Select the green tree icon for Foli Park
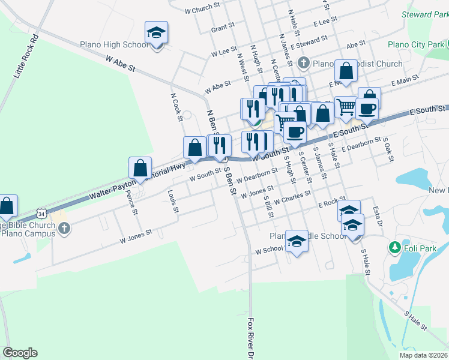pyautogui.click(x=394, y=247)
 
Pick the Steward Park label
pyautogui.click(x=426, y=14)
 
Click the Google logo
pyautogui.click(x=20, y=353)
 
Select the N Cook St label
pyautogui.click(x=176, y=106)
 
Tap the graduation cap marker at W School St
pyautogui.click(x=296, y=241)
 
